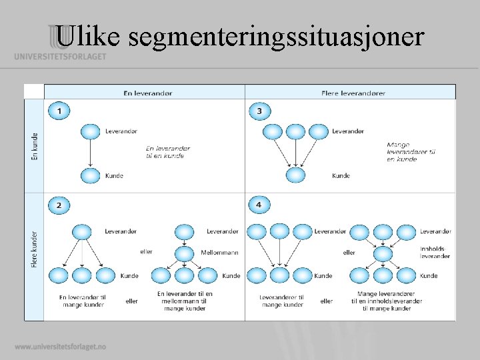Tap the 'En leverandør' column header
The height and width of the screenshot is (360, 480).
(147, 93)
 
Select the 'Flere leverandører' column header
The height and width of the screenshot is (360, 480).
(353, 93)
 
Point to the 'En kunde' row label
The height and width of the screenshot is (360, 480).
(35, 146)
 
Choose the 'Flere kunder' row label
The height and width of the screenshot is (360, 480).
(35, 250)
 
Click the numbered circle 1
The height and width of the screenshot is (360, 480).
(59, 111)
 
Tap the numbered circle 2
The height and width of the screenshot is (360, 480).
(59, 205)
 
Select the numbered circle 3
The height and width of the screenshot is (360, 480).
(259, 111)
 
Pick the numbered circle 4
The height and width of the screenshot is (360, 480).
(259, 205)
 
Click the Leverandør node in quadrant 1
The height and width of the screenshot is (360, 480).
(90, 131)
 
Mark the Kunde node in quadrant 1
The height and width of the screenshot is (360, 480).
(90, 176)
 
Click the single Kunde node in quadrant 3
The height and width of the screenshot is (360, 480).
(295, 175)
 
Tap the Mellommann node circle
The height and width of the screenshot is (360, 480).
(183, 253)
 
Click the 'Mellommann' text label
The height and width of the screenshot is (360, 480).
(219, 253)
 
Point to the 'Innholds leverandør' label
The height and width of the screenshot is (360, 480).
(435, 253)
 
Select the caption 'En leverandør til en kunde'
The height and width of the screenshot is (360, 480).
(167, 152)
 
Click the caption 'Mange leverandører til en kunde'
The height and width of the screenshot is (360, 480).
(411, 152)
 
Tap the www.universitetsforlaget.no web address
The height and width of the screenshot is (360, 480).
(60, 347)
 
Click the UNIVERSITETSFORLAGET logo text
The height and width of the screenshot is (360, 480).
(60, 57)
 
